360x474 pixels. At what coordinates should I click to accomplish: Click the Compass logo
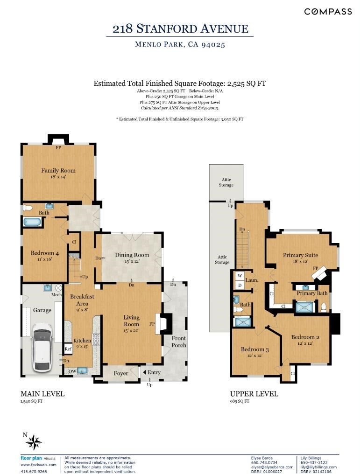click(x=328, y=12)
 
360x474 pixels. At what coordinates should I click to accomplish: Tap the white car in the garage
click(x=42, y=347)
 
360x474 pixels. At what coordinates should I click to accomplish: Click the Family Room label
click(x=58, y=170)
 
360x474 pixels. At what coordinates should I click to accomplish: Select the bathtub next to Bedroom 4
click(x=32, y=222)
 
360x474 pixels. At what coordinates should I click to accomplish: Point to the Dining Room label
click(x=132, y=255)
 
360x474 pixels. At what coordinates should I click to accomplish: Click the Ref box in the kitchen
click(x=68, y=349)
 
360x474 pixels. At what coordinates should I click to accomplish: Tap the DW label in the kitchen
click(x=72, y=371)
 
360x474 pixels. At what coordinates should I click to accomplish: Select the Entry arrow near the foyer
click(x=145, y=372)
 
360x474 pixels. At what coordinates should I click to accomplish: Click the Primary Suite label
click(x=300, y=255)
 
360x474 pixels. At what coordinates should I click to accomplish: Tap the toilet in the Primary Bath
click(x=324, y=307)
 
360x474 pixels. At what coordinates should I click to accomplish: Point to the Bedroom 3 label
click(x=255, y=349)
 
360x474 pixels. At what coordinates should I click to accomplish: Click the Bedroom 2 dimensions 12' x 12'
click(x=304, y=343)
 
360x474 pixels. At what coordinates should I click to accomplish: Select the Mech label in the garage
click(x=56, y=294)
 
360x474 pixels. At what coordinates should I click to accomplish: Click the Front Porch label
click(x=179, y=342)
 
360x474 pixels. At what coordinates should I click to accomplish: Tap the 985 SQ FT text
click(x=240, y=401)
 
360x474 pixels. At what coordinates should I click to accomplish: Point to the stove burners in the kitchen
click(x=96, y=340)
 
